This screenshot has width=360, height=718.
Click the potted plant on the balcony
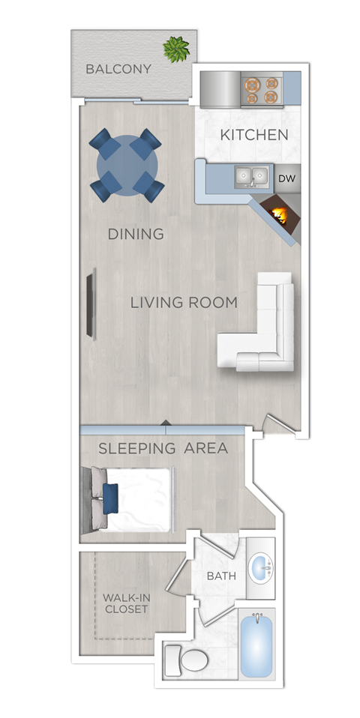pos(176,49)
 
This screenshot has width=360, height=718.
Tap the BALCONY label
pos(118,69)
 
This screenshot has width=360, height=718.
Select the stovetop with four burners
pos(262,90)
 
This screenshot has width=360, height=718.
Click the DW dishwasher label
pos(287,178)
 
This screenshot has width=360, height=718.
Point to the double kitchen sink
pos(251,177)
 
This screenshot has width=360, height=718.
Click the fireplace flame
pos(279,214)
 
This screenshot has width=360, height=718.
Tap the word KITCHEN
pos(254,135)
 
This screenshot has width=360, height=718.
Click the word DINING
pos(136,234)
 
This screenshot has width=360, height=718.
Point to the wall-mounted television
pos(91,304)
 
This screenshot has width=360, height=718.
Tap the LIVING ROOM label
pos(184,303)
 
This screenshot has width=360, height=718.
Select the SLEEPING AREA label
pos(163,448)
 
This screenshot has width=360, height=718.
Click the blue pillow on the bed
pos(110,498)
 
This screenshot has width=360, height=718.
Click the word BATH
pos(222,576)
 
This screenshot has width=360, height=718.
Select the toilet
pos(187,660)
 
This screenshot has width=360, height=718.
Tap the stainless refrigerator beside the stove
pos(220,89)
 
